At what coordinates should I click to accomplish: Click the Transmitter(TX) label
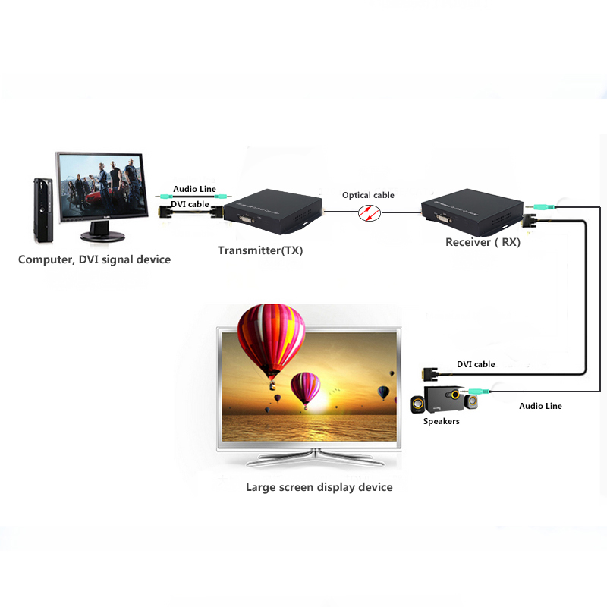260,250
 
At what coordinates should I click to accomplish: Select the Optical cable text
368,195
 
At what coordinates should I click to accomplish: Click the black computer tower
42,206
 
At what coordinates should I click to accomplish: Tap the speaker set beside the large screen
439,400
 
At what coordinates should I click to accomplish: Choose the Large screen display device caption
319,487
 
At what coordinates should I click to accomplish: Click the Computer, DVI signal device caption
95,259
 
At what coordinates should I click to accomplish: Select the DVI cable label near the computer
190,203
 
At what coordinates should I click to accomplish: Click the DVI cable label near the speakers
476,364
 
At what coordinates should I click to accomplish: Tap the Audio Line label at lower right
540,406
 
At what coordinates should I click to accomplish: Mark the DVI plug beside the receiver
530,222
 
